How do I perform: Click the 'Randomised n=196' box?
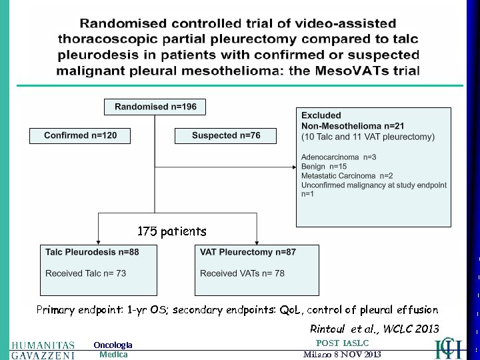(x=155, y=107)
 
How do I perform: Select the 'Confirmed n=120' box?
(x=80, y=135)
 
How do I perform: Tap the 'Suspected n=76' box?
(x=226, y=135)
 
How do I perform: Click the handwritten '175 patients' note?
(x=172, y=232)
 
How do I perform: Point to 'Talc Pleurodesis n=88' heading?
(x=92, y=252)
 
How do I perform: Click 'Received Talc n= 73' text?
(x=85, y=273)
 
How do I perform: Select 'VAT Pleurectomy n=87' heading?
(x=248, y=252)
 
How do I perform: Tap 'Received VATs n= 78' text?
(x=242, y=273)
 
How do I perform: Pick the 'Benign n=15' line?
(x=324, y=167)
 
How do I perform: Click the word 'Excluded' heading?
(x=321, y=115)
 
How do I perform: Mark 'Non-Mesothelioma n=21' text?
(x=353, y=125)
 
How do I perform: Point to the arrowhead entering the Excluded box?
(x=293, y=167)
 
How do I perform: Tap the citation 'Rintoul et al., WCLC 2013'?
(x=375, y=329)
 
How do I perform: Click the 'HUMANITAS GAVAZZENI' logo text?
(x=43, y=350)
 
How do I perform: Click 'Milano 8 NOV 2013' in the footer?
(x=342, y=354)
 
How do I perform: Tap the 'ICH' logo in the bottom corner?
(x=448, y=349)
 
